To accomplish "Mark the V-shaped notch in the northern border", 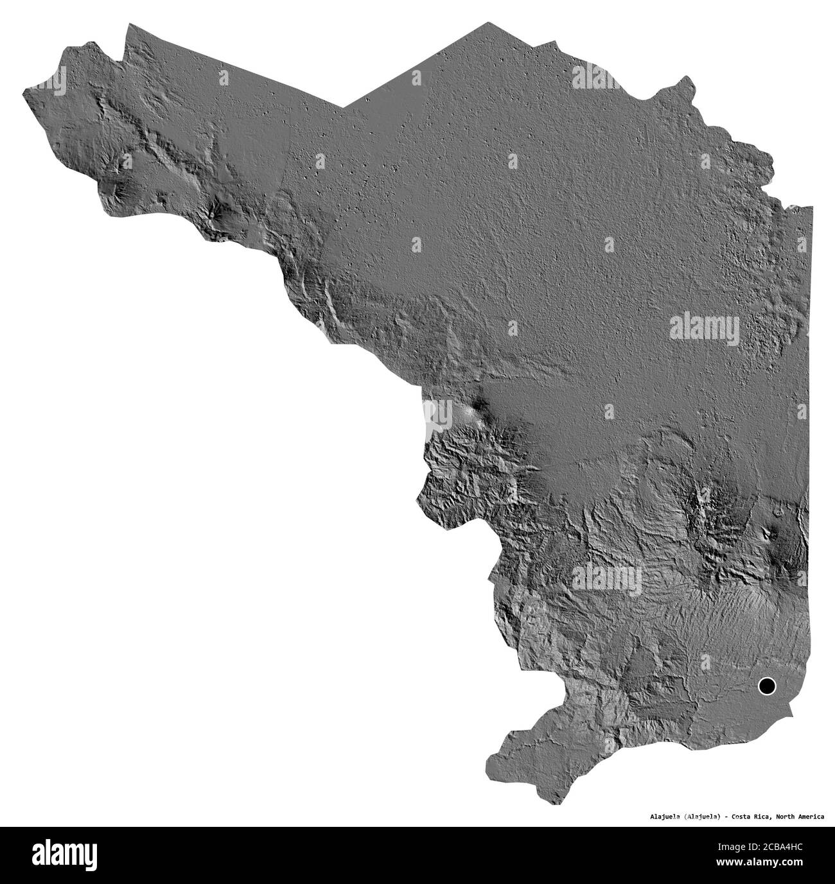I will tap(344, 107).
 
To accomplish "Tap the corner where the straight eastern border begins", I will tap(811, 207).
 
